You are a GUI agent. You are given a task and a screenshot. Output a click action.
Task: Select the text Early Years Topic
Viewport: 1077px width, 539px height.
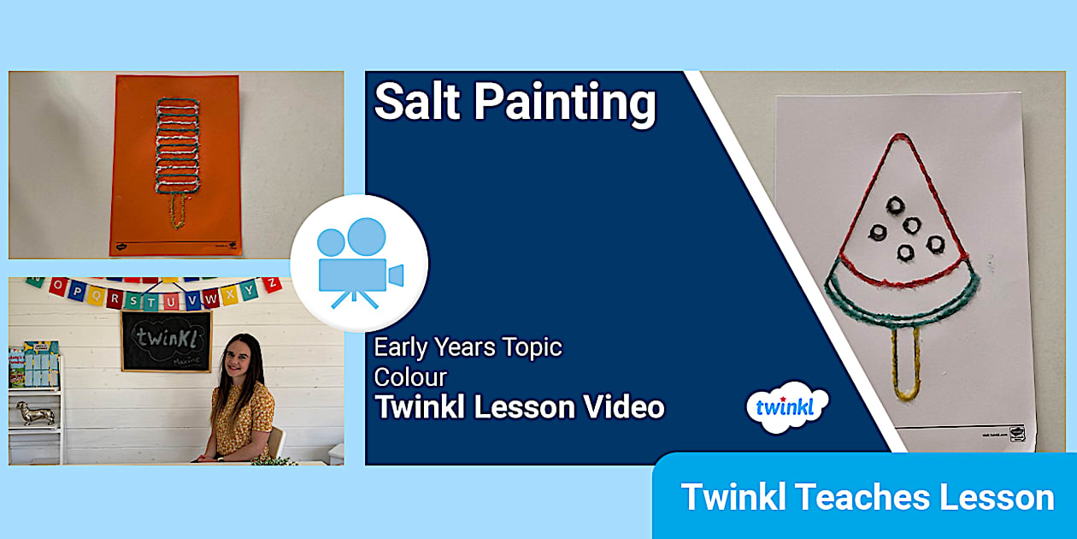point(468,347)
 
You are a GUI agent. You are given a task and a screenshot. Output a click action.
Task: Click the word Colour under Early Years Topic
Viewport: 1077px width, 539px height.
point(410,376)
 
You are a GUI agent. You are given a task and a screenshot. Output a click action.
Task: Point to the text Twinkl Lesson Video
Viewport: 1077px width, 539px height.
point(519,407)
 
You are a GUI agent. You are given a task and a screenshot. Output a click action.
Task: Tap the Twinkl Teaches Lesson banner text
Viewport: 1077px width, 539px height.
point(867,497)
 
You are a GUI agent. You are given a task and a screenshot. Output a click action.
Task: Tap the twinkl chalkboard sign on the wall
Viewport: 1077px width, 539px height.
point(166,341)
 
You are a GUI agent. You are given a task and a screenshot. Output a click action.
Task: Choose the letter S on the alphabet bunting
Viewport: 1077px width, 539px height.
point(135,300)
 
